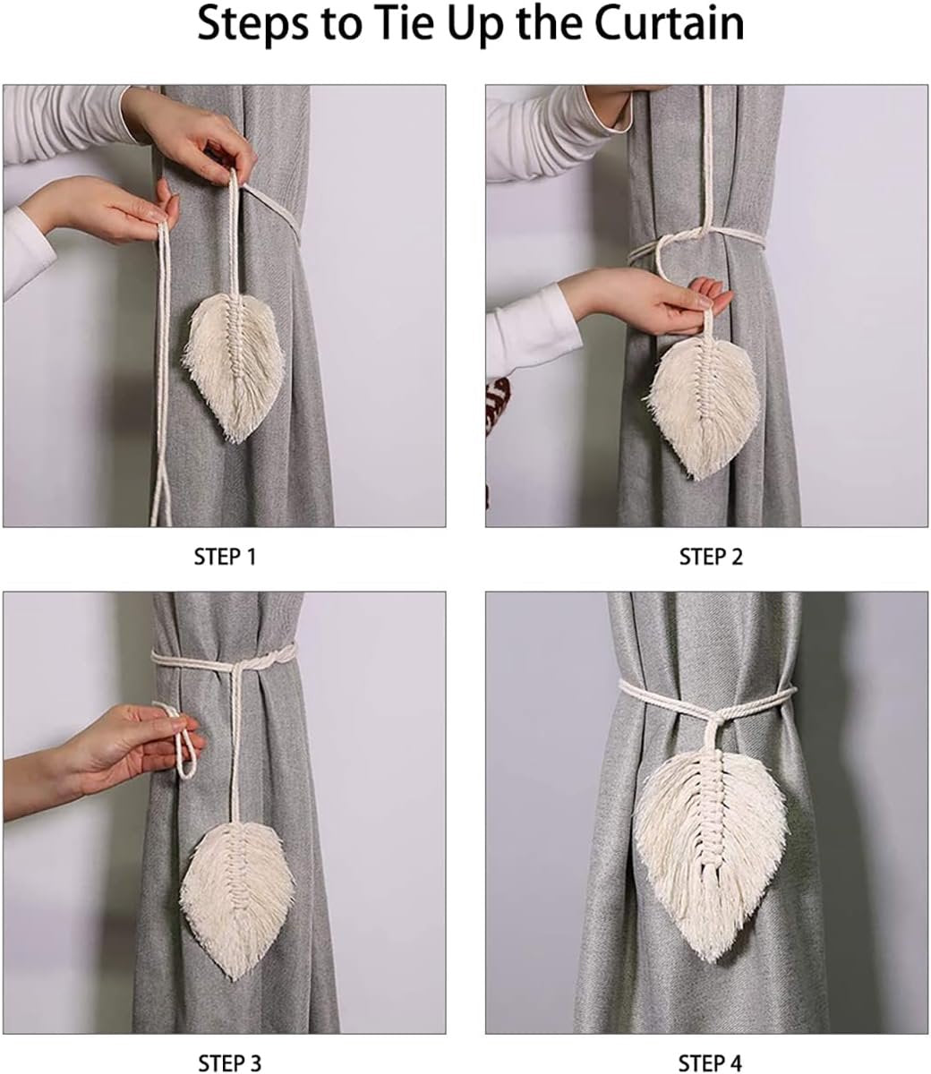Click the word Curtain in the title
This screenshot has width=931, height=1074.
pyautogui.click(x=669, y=23)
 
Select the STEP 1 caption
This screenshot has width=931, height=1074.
pyautogui.click(x=225, y=557)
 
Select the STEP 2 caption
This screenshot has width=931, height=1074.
pyautogui.click(x=711, y=557)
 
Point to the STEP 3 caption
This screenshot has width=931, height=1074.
pyautogui.click(x=230, y=1062)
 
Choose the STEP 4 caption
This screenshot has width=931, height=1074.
pyautogui.click(x=710, y=1062)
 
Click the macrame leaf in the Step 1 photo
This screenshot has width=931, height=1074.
pyautogui.click(x=234, y=366)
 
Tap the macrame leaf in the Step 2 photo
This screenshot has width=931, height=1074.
pyautogui.click(x=702, y=405)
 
